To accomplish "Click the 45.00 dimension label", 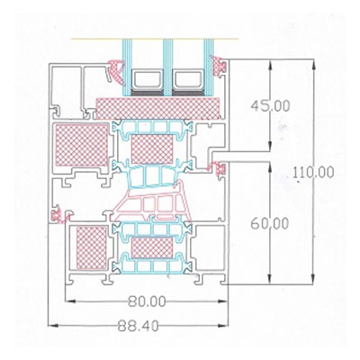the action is pyautogui.click(x=270, y=106).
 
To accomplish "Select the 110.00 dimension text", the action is pyautogui.click(x=313, y=173).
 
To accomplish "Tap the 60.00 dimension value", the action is pyautogui.click(x=270, y=223).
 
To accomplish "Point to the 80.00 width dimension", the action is pyautogui.click(x=147, y=301).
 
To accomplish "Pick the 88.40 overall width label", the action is pyautogui.click(x=138, y=326).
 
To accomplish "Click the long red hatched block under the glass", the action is pyautogui.click(x=158, y=108).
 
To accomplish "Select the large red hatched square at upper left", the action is pyautogui.click(x=82, y=145).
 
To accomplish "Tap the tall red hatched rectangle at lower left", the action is pyautogui.click(x=92, y=247).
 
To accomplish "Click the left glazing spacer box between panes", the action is pyautogui.click(x=147, y=80).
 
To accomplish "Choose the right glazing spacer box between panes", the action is pyautogui.click(x=187, y=80).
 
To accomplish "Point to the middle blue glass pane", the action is pyautogui.click(x=168, y=67).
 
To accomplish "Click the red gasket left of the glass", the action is pyautogui.click(x=115, y=71).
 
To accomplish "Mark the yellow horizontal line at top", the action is pyautogui.click(x=155, y=39).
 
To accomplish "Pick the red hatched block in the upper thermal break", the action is pyautogui.click(x=152, y=149).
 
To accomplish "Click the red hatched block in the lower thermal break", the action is pyautogui.click(x=152, y=247).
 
